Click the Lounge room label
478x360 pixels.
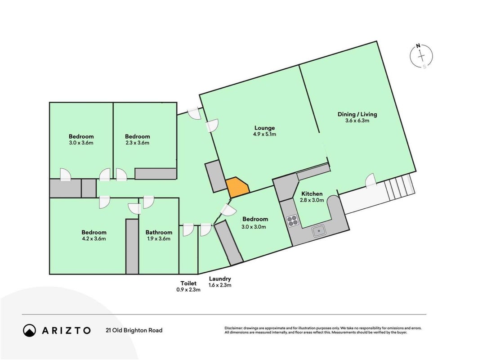click(x=264, y=128)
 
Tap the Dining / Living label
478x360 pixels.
click(x=357, y=114)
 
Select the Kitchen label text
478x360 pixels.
click(x=312, y=194)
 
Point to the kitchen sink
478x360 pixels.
click(x=319, y=231)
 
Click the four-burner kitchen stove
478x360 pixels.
click(x=292, y=220)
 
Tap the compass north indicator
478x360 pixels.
click(x=418, y=46)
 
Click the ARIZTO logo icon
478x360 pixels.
click(x=30, y=330)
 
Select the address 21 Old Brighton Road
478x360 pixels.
click(x=134, y=330)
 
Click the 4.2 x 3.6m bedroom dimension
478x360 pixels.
click(x=94, y=238)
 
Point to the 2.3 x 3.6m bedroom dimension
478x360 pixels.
click(x=137, y=143)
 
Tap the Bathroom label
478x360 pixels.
click(x=159, y=232)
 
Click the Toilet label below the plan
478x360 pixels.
click(x=188, y=283)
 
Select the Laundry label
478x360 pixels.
click(x=220, y=279)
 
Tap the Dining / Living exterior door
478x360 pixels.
click(x=370, y=180)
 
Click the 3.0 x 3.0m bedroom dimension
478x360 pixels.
click(x=254, y=227)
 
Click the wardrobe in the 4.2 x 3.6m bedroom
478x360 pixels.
click(x=132, y=246)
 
